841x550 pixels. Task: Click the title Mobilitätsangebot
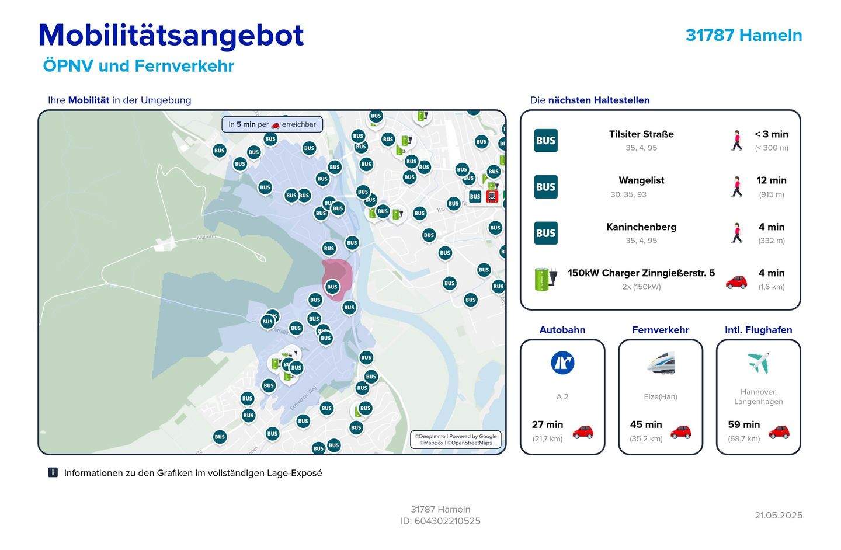(171, 35)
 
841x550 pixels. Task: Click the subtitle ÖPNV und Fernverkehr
(138, 66)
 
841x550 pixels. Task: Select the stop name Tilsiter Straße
(641, 134)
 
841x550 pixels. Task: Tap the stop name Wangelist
(641, 180)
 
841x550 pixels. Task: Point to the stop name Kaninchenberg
(641, 227)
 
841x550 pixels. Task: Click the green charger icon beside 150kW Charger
(545, 279)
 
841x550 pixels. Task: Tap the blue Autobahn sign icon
(562, 363)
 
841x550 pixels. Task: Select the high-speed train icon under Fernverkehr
(661, 363)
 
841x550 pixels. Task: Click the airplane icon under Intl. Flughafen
(758, 363)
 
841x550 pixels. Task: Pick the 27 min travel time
(547, 424)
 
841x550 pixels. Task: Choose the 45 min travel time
(646, 424)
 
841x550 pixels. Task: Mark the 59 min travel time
(743, 424)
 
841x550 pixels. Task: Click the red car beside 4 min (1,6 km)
(736, 281)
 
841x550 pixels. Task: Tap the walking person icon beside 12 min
(736, 187)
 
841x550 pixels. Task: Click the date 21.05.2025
(779, 515)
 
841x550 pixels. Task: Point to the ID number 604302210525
(447, 521)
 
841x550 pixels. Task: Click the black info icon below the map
(53, 472)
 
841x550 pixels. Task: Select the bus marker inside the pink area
(332, 287)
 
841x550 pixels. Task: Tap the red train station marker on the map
(492, 196)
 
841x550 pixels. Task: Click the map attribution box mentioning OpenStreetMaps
(456, 440)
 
